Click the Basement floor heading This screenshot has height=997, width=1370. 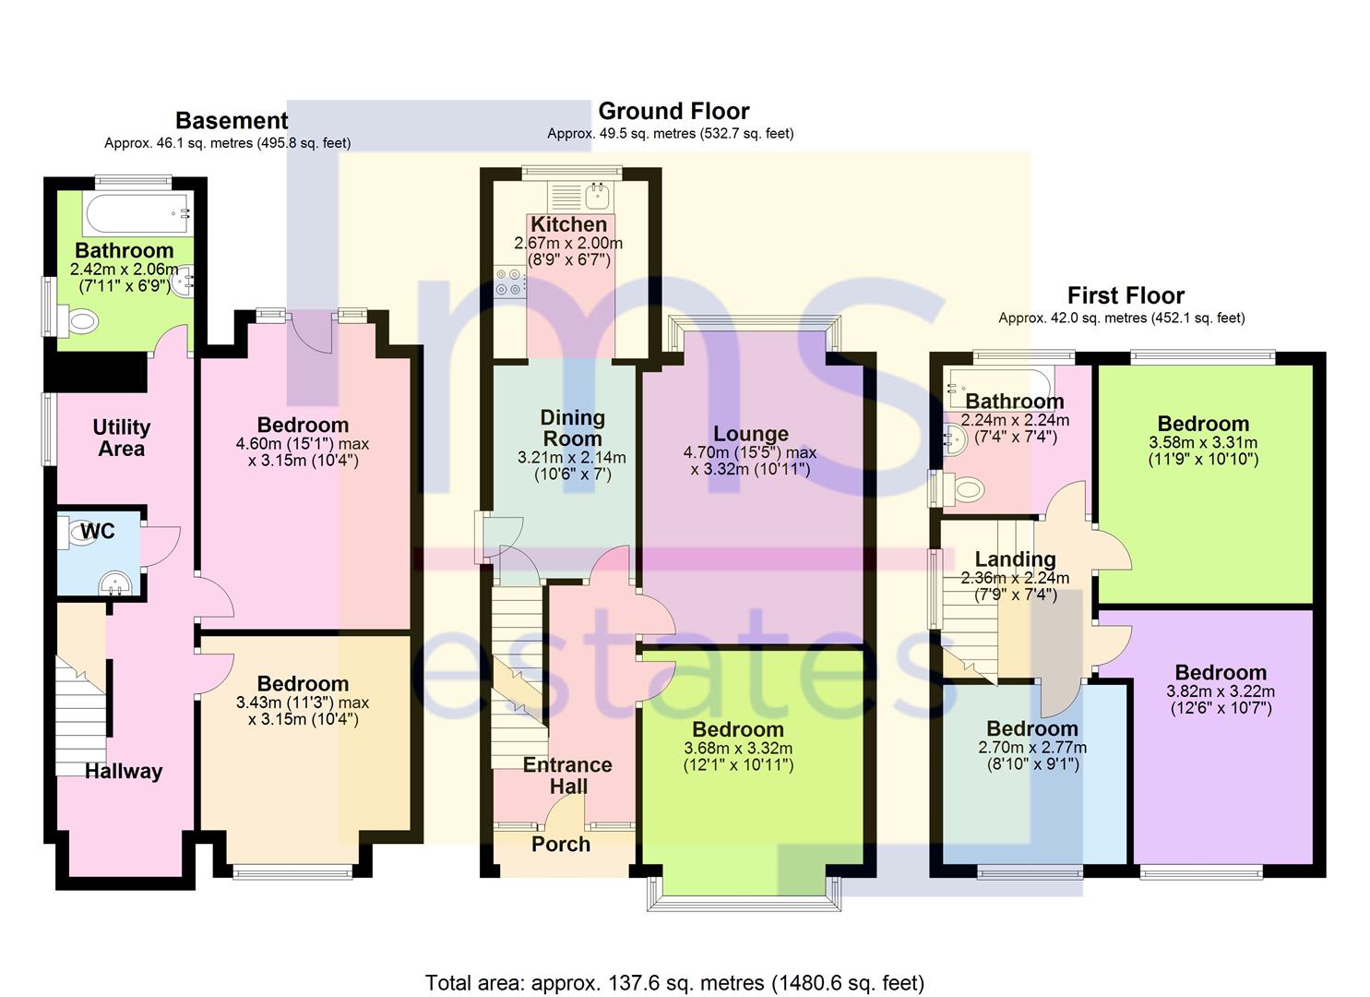[x=232, y=121]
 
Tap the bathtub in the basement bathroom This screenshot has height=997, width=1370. [x=137, y=214]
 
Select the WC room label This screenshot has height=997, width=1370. [x=97, y=531]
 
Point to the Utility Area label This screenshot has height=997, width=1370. [x=121, y=438]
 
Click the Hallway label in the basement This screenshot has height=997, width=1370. [x=124, y=772]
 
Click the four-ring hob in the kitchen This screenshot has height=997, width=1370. [x=507, y=282]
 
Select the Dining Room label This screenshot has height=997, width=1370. [x=572, y=428]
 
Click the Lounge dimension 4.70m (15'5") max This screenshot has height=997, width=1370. [x=749, y=452]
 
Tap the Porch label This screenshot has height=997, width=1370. [x=561, y=844]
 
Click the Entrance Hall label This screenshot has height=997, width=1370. [x=567, y=775]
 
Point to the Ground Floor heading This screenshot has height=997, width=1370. [x=673, y=112]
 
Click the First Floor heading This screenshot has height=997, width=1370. [x=1126, y=296]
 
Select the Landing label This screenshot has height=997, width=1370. [x=1015, y=559]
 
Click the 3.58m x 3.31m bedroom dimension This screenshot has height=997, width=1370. [x=1203, y=443]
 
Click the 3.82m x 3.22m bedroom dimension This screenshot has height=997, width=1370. [x=1220, y=691]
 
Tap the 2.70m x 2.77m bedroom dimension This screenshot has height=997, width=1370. [x=1031, y=748]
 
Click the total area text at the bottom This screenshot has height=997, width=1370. [x=674, y=982]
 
